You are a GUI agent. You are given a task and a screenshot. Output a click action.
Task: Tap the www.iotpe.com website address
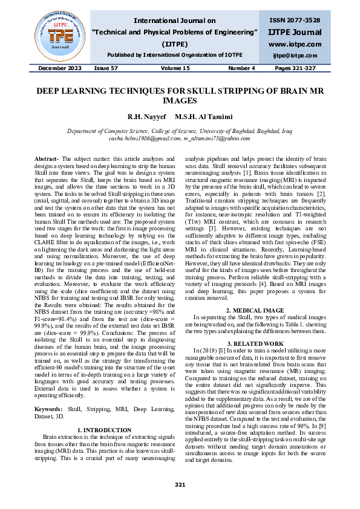[295, 44]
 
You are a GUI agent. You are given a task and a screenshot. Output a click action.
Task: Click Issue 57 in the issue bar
[106, 68]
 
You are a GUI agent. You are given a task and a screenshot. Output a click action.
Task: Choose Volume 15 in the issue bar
[175, 68]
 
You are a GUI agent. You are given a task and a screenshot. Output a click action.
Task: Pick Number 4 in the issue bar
[242, 68]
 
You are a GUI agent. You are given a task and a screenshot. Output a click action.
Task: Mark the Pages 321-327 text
[296, 68]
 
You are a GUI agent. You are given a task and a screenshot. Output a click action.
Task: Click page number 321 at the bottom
[180, 485]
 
